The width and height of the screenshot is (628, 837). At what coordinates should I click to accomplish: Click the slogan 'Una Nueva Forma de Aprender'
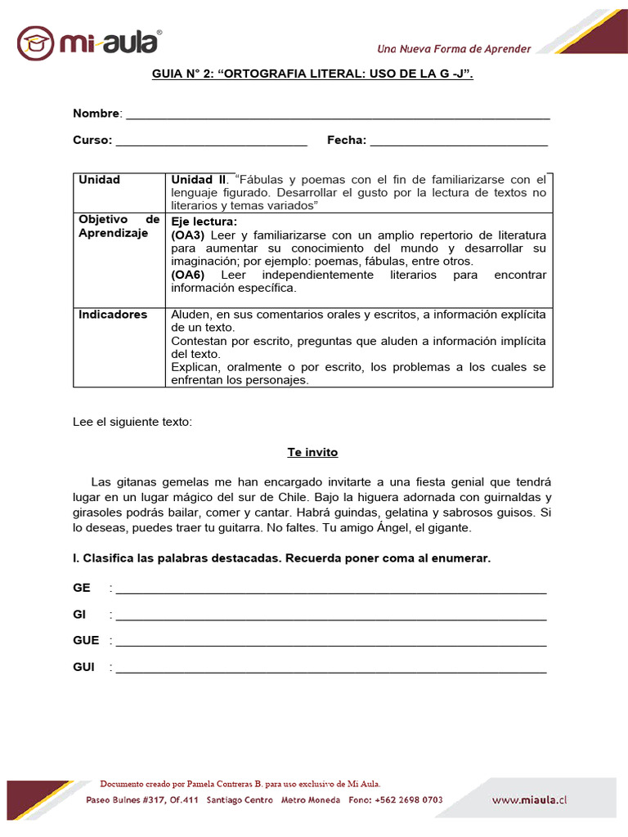tap(454, 49)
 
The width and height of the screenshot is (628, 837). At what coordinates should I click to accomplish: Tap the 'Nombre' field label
tap(96, 113)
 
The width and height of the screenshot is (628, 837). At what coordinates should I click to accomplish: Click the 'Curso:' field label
tap(92, 140)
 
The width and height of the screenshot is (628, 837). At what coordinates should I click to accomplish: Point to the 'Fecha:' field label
tap(347, 140)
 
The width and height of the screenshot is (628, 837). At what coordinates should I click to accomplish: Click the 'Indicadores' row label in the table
tap(113, 315)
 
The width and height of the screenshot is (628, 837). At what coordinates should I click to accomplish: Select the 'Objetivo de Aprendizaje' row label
tap(119, 226)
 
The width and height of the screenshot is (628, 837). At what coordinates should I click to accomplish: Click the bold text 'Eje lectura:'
tap(204, 222)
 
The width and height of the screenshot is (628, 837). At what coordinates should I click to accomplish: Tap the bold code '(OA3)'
tap(188, 235)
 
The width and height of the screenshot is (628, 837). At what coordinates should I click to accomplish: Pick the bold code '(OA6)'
tap(188, 275)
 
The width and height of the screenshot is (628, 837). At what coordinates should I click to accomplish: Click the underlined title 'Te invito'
tap(312, 452)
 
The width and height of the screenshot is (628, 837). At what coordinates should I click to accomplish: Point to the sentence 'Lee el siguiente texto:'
tap(132, 422)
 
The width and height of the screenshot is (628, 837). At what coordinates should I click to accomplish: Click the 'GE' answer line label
tap(82, 589)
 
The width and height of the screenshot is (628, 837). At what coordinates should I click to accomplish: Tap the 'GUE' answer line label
tap(86, 641)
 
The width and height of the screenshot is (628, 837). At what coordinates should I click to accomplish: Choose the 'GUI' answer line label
tap(83, 667)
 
